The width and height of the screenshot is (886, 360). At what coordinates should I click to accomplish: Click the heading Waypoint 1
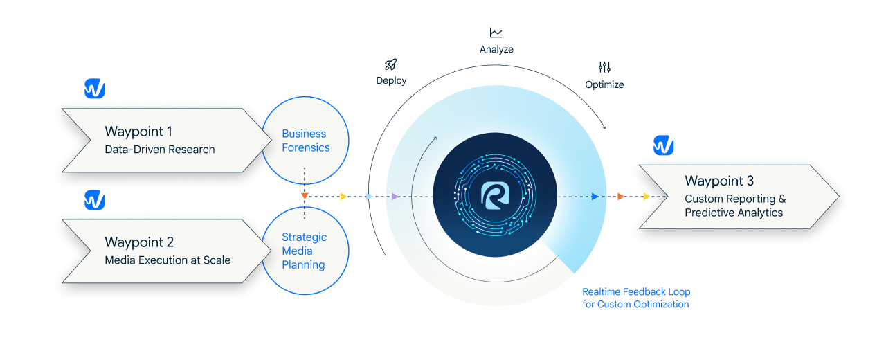click(x=138, y=132)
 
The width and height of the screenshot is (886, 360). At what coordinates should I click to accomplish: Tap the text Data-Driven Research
click(x=160, y=150)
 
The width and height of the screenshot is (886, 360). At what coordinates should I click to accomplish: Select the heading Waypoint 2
click(x=139, y=242)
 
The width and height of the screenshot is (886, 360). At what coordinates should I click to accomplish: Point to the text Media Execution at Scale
click(x=168, y=260)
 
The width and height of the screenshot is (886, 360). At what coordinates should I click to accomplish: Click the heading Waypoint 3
click(x=719, y=181)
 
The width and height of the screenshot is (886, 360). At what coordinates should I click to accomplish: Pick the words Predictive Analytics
click(x=734, y=213)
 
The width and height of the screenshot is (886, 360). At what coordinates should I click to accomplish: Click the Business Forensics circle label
click(x=305, y=141)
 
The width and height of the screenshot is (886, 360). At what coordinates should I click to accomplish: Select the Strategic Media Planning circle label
click(x=304, y=251)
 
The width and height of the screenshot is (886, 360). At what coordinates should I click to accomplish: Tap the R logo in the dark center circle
click(x=495, y=196)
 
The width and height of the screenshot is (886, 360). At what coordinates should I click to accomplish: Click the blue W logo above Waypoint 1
click(x=95, y=89)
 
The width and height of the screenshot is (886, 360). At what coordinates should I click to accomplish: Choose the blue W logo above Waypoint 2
click(x=95, y=201)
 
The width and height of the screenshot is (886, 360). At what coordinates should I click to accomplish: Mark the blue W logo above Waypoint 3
click(x=664, y=146)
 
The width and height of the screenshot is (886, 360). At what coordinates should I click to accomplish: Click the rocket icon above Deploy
click(x=390, y=65)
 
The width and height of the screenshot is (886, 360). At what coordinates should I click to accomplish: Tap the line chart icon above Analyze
click(x=496, y=33)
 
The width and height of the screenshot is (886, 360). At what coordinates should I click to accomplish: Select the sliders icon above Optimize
click(x=604, y=68)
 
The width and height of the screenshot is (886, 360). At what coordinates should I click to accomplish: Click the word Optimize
click(x=604, y=84)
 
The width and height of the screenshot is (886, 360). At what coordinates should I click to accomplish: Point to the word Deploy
click(x=391, y=80)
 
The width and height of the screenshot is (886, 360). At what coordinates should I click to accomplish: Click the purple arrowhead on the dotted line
click(x=395, y=197)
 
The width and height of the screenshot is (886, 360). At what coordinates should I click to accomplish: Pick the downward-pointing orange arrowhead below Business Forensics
click(x=305, y=197)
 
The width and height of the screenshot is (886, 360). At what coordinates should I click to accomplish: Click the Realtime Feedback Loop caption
click(x=636, y=298)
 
